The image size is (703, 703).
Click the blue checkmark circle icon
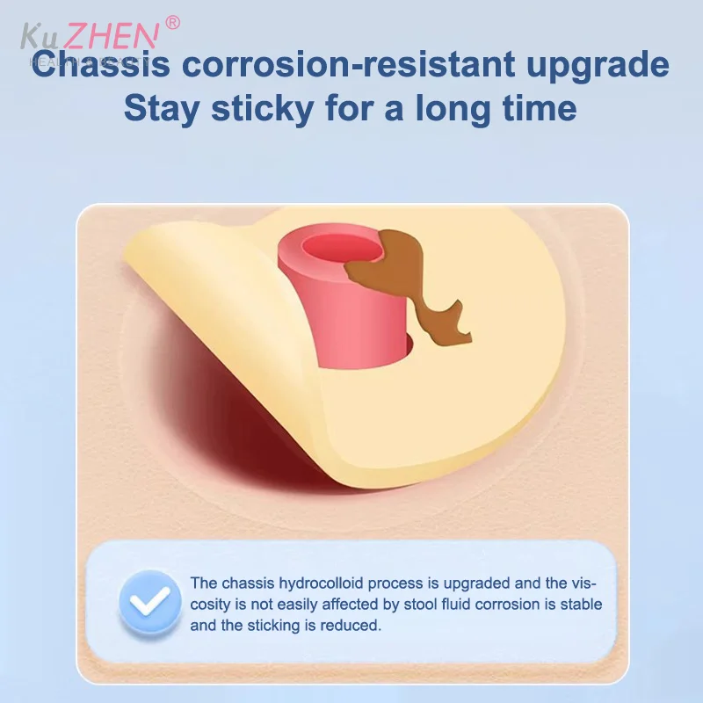point(149,604)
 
